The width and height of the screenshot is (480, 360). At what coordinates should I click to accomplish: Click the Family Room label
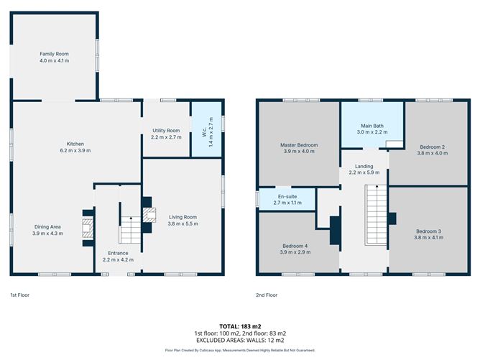click(x=54, y=54)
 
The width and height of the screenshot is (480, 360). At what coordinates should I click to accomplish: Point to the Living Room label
click(x=183, y=216)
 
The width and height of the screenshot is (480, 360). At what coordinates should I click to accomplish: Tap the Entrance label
click(x=118, y=253)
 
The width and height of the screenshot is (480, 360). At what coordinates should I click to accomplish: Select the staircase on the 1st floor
click(x=129, y=229)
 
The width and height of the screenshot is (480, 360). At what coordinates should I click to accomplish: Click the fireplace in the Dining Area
click(x=88, y=228)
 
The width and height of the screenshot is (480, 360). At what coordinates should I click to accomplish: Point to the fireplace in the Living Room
click(x=149, y=216)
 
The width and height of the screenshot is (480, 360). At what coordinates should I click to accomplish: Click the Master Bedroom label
click(x=298, y=145)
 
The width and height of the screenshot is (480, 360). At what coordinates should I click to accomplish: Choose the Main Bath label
click(x=371, y=126)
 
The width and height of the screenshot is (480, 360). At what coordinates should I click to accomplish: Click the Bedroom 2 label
click(x=431, y=147)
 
